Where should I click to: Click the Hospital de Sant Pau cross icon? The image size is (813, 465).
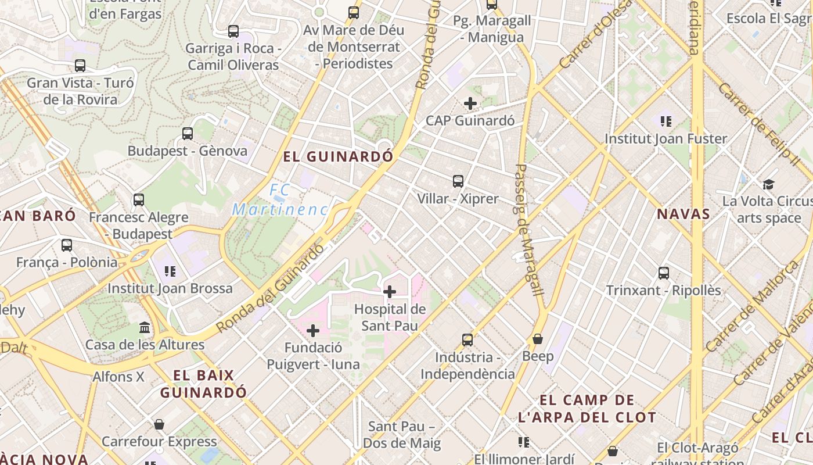[390, 291]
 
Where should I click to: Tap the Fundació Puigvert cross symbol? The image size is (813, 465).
[313, 331]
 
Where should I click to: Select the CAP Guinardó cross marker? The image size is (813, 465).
[470, 103]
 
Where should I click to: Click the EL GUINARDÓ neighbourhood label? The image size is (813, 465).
[338, 156]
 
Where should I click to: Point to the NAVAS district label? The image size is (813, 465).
[684, 214]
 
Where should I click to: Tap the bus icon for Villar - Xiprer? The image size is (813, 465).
[458, 181]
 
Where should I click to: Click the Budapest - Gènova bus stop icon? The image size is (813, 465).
[188, 134]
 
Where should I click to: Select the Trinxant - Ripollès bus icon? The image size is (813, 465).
[664, 273]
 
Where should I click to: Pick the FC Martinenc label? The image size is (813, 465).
[280, 199]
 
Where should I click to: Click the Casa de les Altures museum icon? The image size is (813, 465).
[145, 328]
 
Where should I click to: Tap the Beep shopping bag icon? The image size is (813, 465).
[538, 338]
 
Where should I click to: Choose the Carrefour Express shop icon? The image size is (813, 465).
[159, 424]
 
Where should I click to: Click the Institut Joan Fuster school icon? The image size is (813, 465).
[665, 121]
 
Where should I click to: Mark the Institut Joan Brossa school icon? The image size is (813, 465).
[170, 271]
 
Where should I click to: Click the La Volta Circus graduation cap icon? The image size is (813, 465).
[769, 184]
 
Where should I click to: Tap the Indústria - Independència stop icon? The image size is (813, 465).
[467, 339]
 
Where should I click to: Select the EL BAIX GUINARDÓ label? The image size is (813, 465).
[203, 384]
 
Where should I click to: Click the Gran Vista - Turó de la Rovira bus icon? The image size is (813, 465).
[80, 66]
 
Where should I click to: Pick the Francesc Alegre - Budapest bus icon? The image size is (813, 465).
[139, 200]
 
